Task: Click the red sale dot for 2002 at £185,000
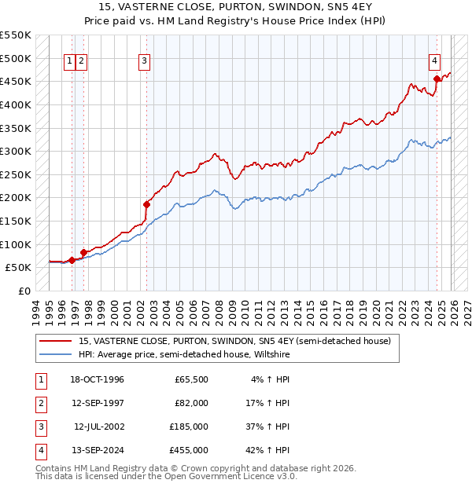(x=146, y=204)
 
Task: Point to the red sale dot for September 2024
(x=437, y=79)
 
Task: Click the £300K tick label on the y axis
(x=16, y=151)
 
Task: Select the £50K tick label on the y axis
(x=19, y=267)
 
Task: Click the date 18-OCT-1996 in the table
(x=98, y=379)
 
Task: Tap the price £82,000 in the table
(x=191, y=403)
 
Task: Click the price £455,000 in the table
(x=189, y=450)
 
